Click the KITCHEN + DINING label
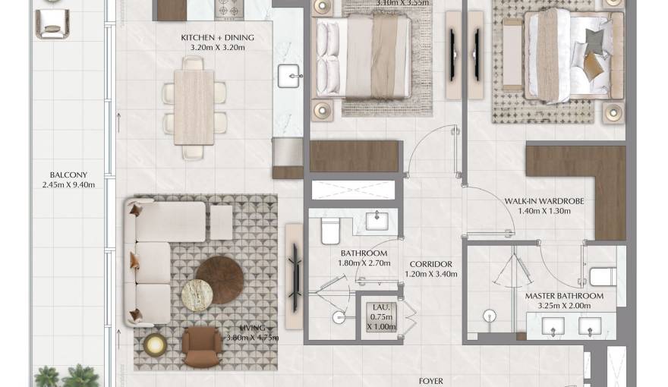[217, 38]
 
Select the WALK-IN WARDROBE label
[544, 201]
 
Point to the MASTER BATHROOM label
[564, 296]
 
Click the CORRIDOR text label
[430, 264]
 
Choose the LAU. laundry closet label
[377, 307]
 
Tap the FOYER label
[430, 381]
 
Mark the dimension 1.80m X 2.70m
[364, 263]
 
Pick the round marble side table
[197, 295]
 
